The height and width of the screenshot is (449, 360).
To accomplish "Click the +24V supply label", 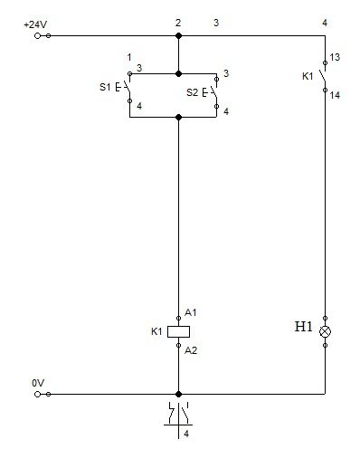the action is pyautogui.click(x=35, y=24).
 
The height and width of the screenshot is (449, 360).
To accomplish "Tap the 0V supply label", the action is pyautogui.click(x=38, y=383).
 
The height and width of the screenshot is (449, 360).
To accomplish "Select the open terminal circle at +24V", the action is pyautogui.click(x=37, y=36).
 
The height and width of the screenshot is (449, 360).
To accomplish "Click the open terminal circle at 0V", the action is pyautogui.click(x=37, y=394).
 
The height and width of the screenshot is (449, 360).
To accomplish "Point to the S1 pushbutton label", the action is pyautogui.click(x=105, y=87).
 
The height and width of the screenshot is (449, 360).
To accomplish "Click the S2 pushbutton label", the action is pyautogui.click(x=192, y=92).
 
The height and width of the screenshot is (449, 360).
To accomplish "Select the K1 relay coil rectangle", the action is pyautogui.click(x=178, y=331).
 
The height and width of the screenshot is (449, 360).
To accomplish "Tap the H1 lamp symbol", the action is pyautogui.click(x=325, y=331).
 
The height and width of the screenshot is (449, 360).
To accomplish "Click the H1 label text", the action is pyautogui.click(x=303, y=327).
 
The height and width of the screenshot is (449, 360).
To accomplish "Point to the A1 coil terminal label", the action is pyautogui.click(x=190, y=312).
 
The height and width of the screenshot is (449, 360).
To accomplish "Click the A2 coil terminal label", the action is pyautogui.click(x=191, y=350).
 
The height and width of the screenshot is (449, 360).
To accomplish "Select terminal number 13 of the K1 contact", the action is pyautogui.click(x=335, y=57).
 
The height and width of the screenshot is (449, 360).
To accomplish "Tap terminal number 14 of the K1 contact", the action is pyautogui.click(x=335, y=95).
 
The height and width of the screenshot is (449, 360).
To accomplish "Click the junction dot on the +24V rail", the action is pyautogui.click(x=178, y=35).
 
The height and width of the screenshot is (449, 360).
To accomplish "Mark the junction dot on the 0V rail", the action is pyautogui.click(x=178, y=394).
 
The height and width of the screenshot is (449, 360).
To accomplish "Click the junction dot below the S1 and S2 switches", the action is pyautogui.click(x=178, y=117).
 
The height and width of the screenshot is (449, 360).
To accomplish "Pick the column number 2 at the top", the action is pyautogui.click(x=178, y=23).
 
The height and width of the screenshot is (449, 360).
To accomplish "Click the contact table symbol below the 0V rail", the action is pyautogui.click(x=178, y=419).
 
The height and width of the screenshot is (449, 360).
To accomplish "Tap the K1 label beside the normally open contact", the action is pyautogui.click(x=308, y=76).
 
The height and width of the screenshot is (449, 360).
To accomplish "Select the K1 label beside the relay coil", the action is pyautogui.click(x=156, y=331).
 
